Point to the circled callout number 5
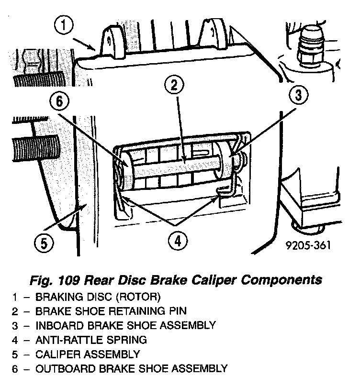point(44,243)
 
